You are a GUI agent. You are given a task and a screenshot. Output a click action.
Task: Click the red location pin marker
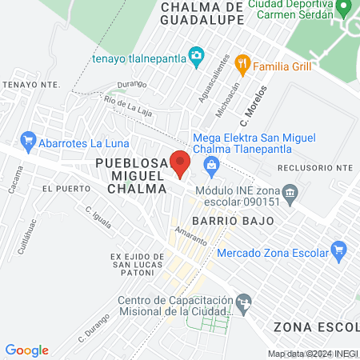point(180,163)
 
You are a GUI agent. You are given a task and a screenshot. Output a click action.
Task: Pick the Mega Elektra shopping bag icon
point(212,167)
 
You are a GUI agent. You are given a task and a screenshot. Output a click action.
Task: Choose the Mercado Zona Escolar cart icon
point(338,251)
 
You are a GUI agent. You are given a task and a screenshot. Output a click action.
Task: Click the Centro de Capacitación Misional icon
point(245,302)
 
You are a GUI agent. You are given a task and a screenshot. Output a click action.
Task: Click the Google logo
point(27,350)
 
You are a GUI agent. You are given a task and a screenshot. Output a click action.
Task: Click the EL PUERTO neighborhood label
point(62,189)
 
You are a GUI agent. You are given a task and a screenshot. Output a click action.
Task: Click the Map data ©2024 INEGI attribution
point(313,354)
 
